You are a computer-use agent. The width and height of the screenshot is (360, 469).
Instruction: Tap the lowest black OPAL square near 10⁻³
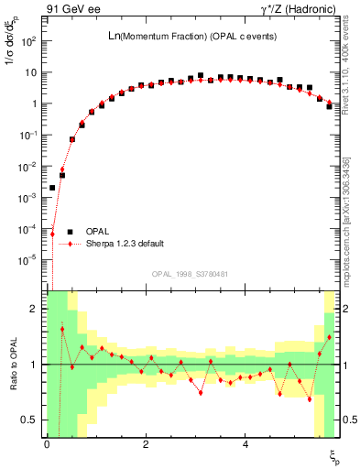(52, 188)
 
